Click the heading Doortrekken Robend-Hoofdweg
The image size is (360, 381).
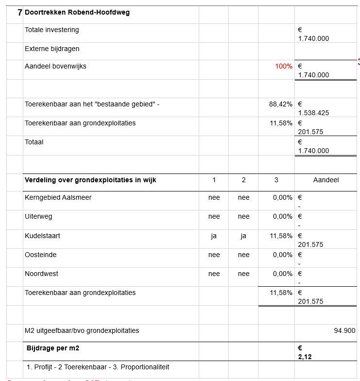[x=77, y=13]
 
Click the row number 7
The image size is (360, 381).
[x=19, y=13]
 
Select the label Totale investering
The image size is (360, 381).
[x=52, y=30]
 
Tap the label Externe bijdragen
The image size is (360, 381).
[x=52, y=49]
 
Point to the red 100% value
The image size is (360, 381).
[x=284, y=66]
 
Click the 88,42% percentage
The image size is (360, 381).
[x=281, y=104]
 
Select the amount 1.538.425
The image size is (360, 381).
[x=313, y=113]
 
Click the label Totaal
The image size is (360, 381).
[x=34, y=142]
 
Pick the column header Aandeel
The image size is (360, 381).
[x=326, y=180]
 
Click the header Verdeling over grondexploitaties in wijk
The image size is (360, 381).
[x=90, y=180]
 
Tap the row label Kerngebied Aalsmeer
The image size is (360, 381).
[x=58, y=197]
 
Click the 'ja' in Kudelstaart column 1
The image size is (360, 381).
[x=214, y=236]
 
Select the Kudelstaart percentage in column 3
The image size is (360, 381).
[x=281, y=236]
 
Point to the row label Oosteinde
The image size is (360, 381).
[x=41, y=255]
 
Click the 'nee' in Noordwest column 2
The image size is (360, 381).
[x=243, y=274]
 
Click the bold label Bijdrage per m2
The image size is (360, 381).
[x=53, y=348]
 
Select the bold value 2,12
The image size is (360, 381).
[x=305, y=357]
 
